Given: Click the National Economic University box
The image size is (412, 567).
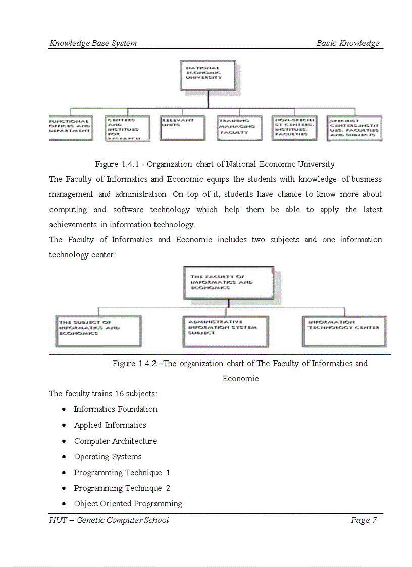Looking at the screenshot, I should pyautogui.click(x=208, y=75).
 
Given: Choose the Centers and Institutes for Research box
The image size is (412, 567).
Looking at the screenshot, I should pyautogui.click(x=127, y=128).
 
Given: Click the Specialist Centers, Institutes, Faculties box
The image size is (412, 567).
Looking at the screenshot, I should pyautogui.click(x=354, y=128).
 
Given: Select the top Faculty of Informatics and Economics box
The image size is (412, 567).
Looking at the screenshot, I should pyautogui.click(x=229, y=283).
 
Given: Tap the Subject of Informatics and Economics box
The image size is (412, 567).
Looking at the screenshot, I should pyautogui.click(x=98, y=331).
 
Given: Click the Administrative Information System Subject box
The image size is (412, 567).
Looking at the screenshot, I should pyautogui.click(x=225, y=331).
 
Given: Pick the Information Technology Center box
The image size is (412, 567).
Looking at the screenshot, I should pyautogui.click(x=344, y=331).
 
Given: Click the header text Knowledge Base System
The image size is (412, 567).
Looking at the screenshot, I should pyautogui.click(x=93, y=43).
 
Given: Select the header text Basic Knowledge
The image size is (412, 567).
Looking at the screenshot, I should pyautogui.click(x=347, y=43).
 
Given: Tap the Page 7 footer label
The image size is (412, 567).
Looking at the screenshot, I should pyautogui.click(x=364, y=520).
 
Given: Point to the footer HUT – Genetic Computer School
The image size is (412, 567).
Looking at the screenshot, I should pyautogui.click(x=109, y=520).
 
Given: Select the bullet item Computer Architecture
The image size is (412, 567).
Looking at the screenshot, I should pyautogui.click(x=115, y=441).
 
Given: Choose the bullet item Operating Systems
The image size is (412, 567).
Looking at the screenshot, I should pyautogui.click(x=108, y=457).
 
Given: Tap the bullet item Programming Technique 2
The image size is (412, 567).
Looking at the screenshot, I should pyautogui.click(x=122, y=488).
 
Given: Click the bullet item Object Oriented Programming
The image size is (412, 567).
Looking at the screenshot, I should pyautogui.click(x=128, y=504).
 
